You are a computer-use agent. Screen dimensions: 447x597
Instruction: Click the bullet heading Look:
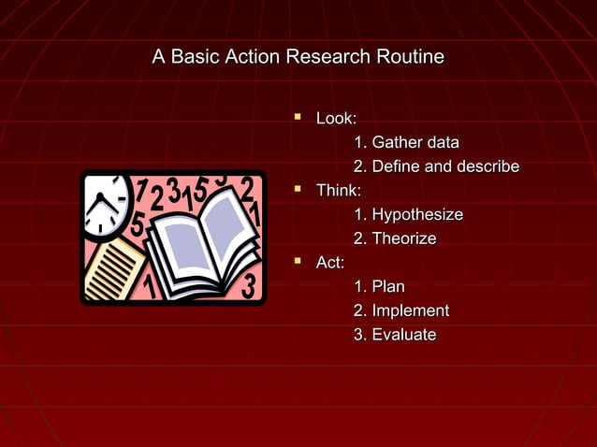(336, 119)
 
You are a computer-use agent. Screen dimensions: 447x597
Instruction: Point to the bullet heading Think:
(339, 191)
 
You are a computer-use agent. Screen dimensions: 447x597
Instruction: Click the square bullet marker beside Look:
(298, 117)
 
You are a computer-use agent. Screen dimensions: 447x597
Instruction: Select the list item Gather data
(415, 143)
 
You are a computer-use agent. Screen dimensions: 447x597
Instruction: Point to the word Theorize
(404, 239)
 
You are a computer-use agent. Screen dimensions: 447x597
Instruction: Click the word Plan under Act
(388, 287)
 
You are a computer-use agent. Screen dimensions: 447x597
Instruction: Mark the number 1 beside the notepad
(149, 285)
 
